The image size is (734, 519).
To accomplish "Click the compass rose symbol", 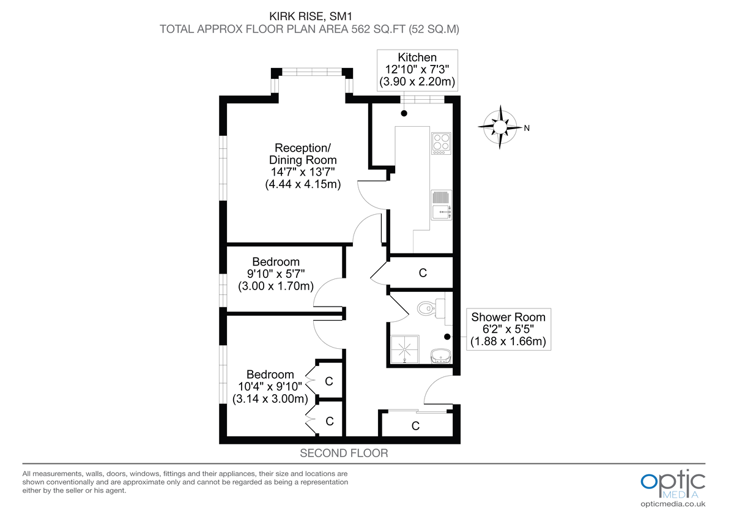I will click(501, 127).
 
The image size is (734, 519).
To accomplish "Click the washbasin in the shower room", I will click(440, 355).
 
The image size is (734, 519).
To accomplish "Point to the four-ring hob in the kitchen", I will click(441, 143).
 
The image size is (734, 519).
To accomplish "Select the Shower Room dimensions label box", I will click(507, 329).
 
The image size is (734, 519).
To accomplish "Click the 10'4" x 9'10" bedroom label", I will click(270, 387).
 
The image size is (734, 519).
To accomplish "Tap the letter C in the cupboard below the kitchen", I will click(422, 273).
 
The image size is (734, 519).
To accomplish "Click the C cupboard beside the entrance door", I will click(415, 425).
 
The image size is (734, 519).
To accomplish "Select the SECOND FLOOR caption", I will click(344, 454).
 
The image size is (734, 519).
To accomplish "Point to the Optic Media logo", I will click(672, 484).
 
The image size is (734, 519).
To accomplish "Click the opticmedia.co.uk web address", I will click(673, 504).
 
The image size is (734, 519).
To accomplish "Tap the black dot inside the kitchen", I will click(404, 113).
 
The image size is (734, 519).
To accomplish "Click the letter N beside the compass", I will click(526, 128).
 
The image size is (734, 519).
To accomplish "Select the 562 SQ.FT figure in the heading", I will click(369, 29).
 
